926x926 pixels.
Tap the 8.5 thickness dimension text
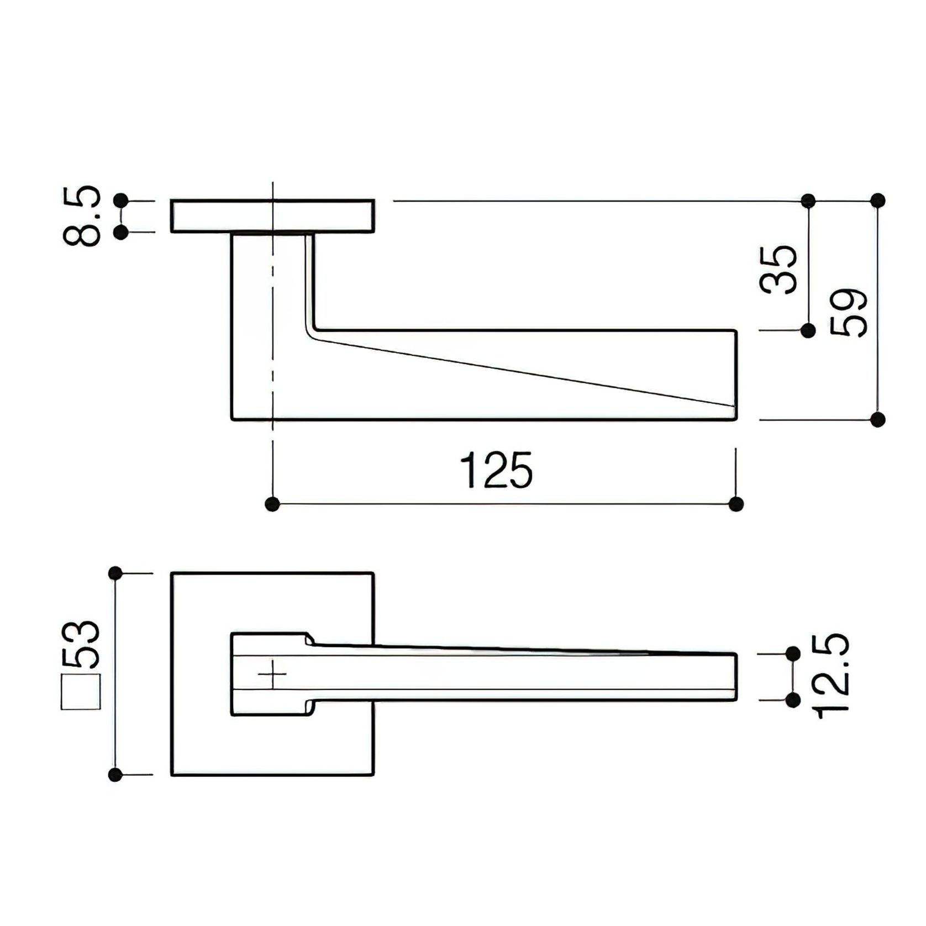click(82, 215)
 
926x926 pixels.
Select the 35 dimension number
click(778, 270)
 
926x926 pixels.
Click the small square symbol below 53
click(81, 692)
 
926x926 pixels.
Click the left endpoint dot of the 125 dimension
click(272, 504)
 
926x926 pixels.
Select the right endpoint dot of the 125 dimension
click(736, 504)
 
